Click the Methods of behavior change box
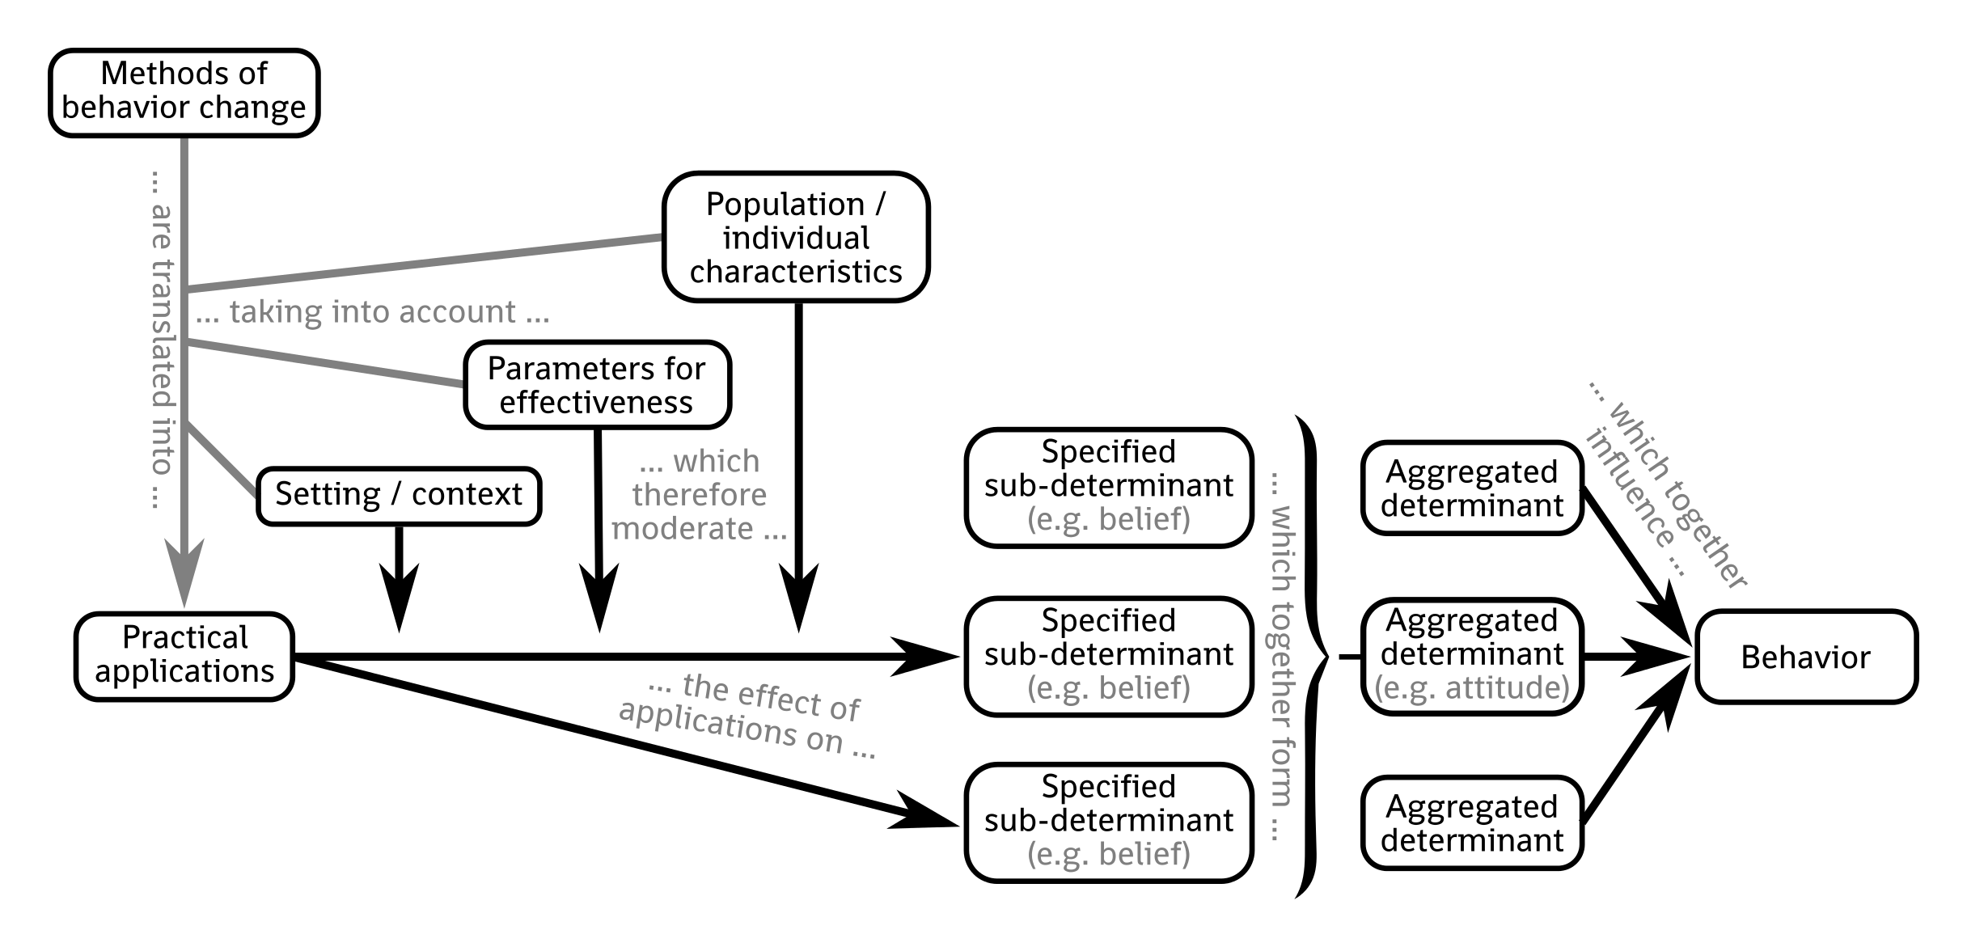click(x=184, y=92)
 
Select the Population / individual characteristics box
click(x=796, y=238)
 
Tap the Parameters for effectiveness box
click(x=597, y=385)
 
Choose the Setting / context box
click(x=399, y=495)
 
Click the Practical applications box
click(x=184, y=656)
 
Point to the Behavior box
click(x=1805, y=657)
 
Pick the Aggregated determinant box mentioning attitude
click(x=1471, y=656)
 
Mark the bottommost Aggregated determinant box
click(x=1471, y=823)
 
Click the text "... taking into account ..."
click(x=373, y=312)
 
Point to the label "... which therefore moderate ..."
click(x=699, y=495)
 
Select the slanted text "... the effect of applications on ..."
click(x=748, y=717)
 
